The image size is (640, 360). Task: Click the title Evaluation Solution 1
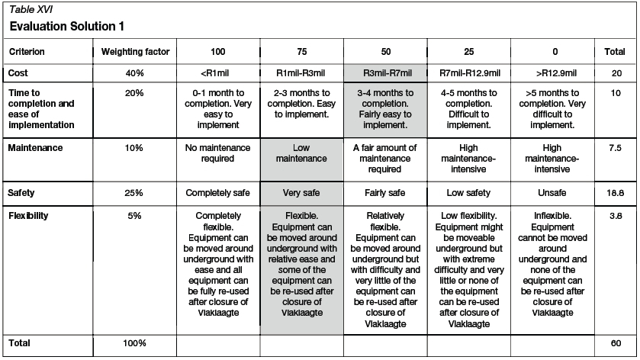(x=67, y=26)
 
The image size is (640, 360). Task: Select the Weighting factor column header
(x=135, y=52)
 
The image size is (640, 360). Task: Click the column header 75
(x=301, y=52)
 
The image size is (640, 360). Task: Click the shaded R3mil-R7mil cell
(x=386, y=73)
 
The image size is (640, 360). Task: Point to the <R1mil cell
(x=217, y=73)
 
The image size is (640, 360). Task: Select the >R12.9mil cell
(x=555, y=73)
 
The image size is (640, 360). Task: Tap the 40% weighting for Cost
(x=135, y=73)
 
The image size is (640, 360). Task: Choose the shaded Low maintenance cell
(x=301, y=153)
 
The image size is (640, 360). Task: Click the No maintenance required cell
(x=217, y=153)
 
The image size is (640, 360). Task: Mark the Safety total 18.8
(x=616, y=194)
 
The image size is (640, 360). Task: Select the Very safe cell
(x=301, y=193)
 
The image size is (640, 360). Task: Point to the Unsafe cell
(x=555, y=193)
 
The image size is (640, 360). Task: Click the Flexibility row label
(x=29, y=216)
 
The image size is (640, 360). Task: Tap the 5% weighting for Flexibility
(x=135, y=216)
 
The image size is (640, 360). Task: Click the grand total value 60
(x=616, y=343)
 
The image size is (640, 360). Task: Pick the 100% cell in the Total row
(x=135, y=343)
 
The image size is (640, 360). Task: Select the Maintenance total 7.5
(x=616, y=147)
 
